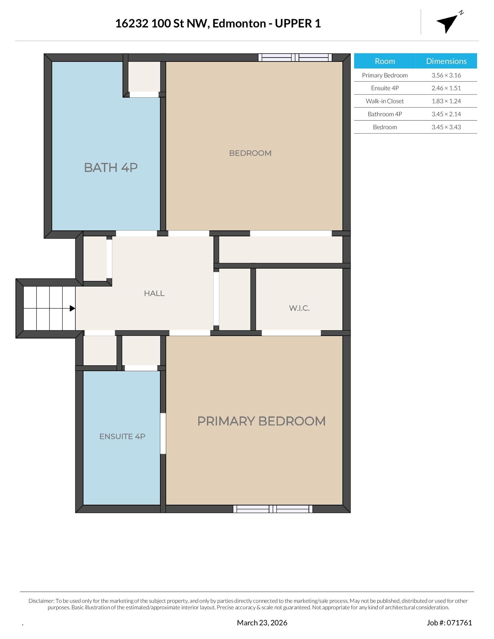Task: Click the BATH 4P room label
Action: (111, 167)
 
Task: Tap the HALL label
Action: (154, 293)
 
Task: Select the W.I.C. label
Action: (299, 308)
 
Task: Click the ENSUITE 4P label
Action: (122, 436)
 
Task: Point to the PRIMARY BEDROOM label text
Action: (261, 421)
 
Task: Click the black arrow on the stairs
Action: (72, 308)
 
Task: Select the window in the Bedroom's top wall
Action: (295, 57)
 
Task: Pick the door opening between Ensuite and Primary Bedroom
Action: (163, 433)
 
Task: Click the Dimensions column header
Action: (446, 61)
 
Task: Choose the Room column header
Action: (384, 61)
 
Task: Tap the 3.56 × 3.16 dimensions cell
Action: (446, 75)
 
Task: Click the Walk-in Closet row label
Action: (384, 101)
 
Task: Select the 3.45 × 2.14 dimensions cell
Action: (446, 114)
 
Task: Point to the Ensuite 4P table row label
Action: (384, 88)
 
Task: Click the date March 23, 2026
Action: (262, 623)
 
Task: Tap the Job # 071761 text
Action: (449, 623)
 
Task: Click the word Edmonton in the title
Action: (239, 23)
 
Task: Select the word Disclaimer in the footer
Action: (41, 601)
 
